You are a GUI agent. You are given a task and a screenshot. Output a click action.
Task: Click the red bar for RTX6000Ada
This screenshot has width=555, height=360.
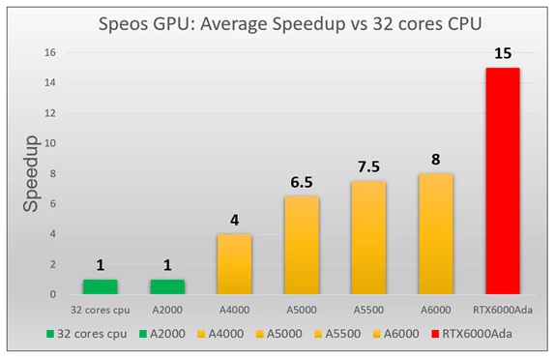tap(502, 182)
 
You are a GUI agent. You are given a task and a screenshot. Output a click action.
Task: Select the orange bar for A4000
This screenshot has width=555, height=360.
tap(234, 264)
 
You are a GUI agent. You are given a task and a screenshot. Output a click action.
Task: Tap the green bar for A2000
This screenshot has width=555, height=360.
tap(167, 286)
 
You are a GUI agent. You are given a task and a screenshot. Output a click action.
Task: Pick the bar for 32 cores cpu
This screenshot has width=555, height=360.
tap(101, 286)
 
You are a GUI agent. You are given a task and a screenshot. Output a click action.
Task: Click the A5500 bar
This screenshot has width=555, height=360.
tap(368, 238)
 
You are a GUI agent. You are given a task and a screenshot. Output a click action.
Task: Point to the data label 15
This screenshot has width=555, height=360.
tap(502, 53)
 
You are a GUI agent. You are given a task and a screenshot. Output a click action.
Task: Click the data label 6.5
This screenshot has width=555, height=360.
tap(301, 181)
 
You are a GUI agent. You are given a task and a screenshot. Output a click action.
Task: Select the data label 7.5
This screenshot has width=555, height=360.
tap(368, 165)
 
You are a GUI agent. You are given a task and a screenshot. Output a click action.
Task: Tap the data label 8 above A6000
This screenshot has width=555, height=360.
tap(435, 159)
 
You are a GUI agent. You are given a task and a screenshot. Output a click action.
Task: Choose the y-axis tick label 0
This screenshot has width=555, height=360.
tap(64, 294)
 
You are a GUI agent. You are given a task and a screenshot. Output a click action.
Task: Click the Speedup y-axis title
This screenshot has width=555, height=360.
tap(32, 174)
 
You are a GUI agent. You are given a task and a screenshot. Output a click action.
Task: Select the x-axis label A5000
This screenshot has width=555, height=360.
tap(301, 309)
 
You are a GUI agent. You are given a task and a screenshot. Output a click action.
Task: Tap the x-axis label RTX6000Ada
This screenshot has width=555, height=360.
tap(502, 309)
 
